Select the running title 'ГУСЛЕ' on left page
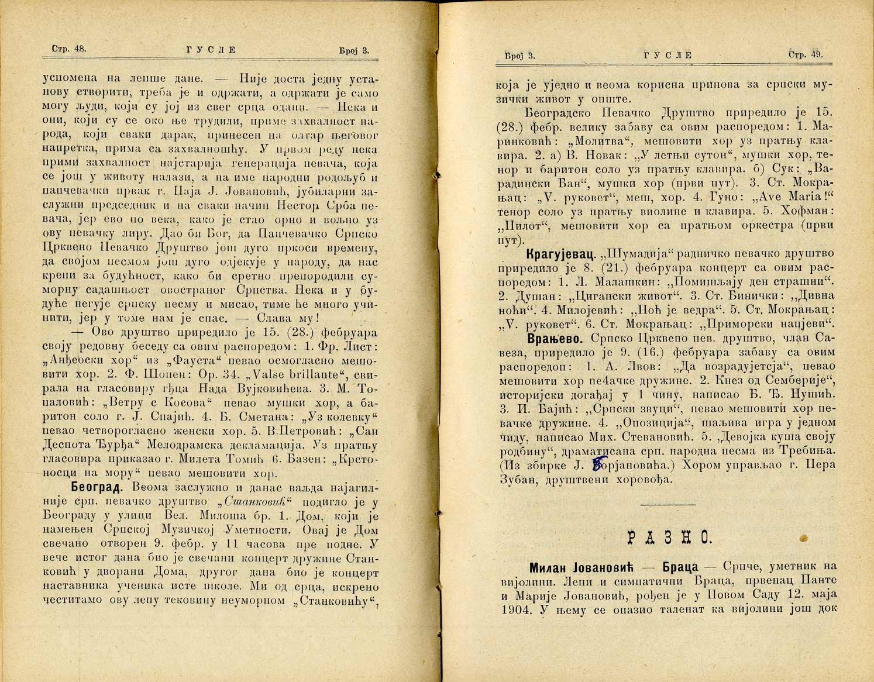point(208,50)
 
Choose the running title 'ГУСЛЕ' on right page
point(667,56)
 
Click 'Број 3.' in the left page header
point(354,50)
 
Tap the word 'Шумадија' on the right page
point(632,254)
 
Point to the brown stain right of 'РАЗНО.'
point(803,536)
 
